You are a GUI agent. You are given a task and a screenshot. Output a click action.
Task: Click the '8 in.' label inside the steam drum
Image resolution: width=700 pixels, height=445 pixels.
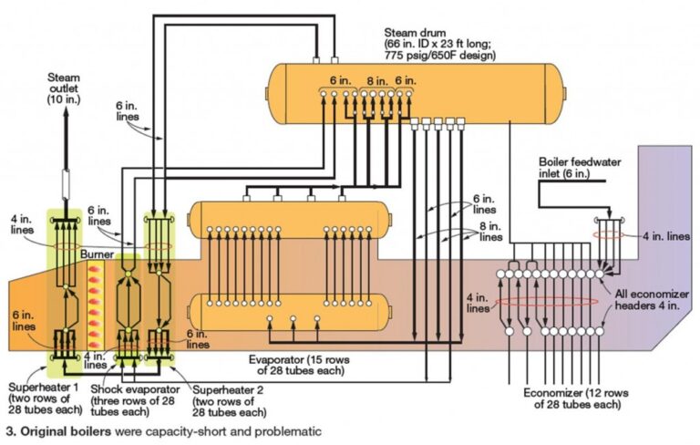tap(376, 80)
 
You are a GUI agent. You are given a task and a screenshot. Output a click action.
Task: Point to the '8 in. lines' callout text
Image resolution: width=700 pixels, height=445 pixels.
tap(489, 232)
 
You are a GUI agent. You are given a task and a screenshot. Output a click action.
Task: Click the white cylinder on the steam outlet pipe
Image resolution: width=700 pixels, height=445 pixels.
tap(65, 188)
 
